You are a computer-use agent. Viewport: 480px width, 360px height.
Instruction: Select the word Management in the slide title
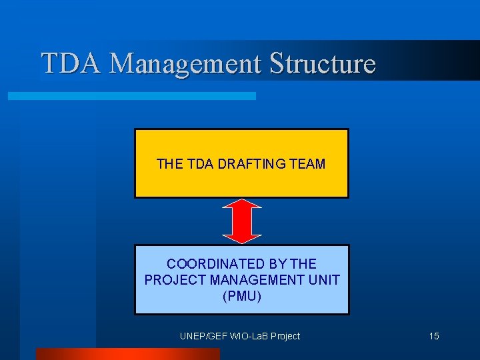186,64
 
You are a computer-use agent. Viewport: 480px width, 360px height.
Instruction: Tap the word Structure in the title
322,63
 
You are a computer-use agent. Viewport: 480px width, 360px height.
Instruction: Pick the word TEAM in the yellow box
308,163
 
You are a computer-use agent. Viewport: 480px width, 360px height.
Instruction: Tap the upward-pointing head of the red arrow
241,205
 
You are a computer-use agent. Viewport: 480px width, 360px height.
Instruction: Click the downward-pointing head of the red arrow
241,237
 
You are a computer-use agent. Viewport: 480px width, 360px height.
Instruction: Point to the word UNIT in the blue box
325,280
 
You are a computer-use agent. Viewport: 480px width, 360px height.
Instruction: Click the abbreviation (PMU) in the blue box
241,296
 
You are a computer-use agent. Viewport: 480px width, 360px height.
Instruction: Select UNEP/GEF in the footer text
200,336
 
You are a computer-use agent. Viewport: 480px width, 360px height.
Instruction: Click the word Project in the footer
285,336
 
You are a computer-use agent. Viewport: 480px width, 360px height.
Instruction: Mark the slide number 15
434,336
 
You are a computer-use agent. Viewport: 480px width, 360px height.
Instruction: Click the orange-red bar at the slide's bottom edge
127,354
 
